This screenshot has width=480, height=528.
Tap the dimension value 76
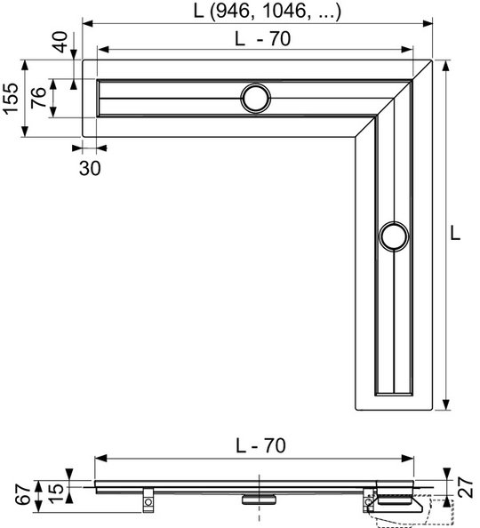point(38,98)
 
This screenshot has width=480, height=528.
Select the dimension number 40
point(60,42)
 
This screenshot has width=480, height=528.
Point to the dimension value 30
point(90,168)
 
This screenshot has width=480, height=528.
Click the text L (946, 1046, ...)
point(268,12)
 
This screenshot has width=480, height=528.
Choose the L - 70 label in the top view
point(262,39)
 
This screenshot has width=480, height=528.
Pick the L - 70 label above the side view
point(260,445)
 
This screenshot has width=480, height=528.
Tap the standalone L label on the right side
point(455,233)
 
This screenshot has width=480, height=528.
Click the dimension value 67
point(22,494)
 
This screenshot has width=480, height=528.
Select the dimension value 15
point(56,493)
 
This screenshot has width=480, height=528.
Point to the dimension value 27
point(466,487)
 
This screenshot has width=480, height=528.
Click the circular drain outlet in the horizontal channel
point(255,98)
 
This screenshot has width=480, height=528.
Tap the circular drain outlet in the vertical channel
point(394,236)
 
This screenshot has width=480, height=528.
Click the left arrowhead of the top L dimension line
point(88,23)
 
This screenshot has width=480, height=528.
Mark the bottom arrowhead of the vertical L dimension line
point(446,404)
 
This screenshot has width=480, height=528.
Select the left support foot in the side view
point(148,500)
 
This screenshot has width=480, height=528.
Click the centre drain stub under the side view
point(259,499)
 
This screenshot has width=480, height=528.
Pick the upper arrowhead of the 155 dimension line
point(25,66)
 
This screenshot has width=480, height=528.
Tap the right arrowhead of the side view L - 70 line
point(408,459)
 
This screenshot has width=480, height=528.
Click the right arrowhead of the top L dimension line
point(428,23)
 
